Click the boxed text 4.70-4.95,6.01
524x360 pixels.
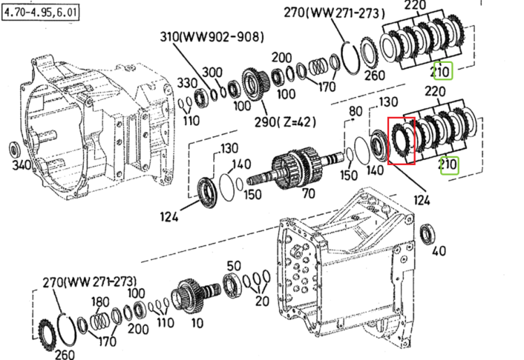click(x=41, y=13)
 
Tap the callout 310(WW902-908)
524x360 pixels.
click(x=212, y=37)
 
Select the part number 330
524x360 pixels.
click(x=187, y=83)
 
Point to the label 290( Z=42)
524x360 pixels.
click(x=285, y=122)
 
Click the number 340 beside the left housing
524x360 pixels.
click(x=22, y=165)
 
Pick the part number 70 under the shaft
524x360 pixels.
click(x=309, y=193)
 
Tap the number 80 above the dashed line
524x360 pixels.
click(x=355, y=111)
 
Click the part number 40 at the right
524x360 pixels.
click(x=439, y=251)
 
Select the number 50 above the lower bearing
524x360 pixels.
click(x=233, y=266)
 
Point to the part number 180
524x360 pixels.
click(x=100, y=302)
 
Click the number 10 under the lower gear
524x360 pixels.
click(x=197, y=323)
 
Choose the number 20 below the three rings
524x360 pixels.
click(x=262, y=301)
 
